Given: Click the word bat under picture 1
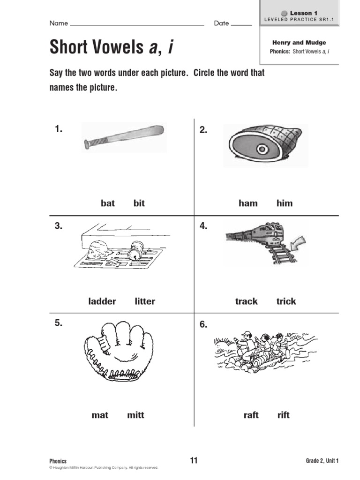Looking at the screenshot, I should click(x=107, y=203).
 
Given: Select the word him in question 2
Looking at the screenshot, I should click(x=284, y=203).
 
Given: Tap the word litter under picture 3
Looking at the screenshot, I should click(x=145, y=301).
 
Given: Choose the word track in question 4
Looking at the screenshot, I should click(x=246, y=301).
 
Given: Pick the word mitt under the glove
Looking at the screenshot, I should click(x=135, y=415).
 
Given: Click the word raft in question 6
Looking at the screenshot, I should click(x=251, y=415).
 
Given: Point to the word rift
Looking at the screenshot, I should click(x=283, y=415).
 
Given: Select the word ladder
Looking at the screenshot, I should click(x=102, y=301).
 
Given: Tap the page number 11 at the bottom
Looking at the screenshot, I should click(x=194, y=460).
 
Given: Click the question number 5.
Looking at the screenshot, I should click(x=59, y=323).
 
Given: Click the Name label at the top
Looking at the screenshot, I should click(x=59, y=23).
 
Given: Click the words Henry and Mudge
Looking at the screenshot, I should click(x=299, y=43).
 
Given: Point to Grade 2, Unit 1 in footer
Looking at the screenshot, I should click(x=319, y=461).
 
